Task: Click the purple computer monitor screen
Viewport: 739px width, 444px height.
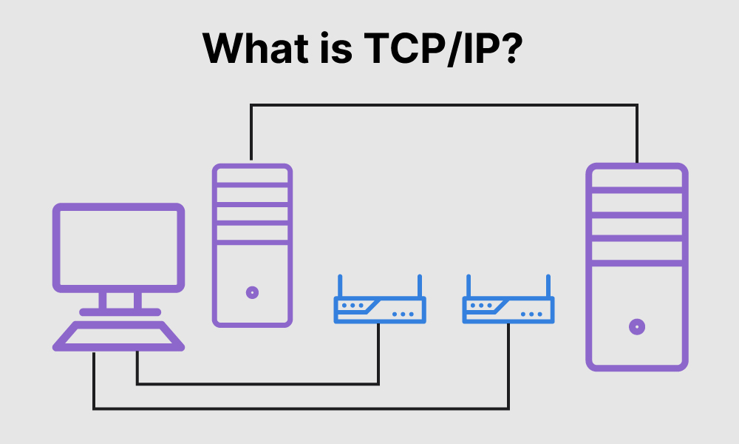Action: coord(118,247)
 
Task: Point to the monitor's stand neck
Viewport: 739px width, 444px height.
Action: coord(118,300)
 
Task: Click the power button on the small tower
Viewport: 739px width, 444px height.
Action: coord(252,292)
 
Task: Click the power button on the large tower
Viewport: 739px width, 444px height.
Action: coord(637,326)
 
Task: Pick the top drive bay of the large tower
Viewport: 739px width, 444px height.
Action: coord(637,178)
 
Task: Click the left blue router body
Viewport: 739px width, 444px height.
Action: coord(379,310)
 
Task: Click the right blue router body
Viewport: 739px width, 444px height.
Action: coord(508,310)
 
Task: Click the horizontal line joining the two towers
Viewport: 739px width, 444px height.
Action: coord(443,106)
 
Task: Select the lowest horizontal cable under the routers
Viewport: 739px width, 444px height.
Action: coord(296,408)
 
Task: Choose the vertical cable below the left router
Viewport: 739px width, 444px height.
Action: coord(378,355)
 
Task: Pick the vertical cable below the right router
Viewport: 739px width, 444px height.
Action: coord(508,366)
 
